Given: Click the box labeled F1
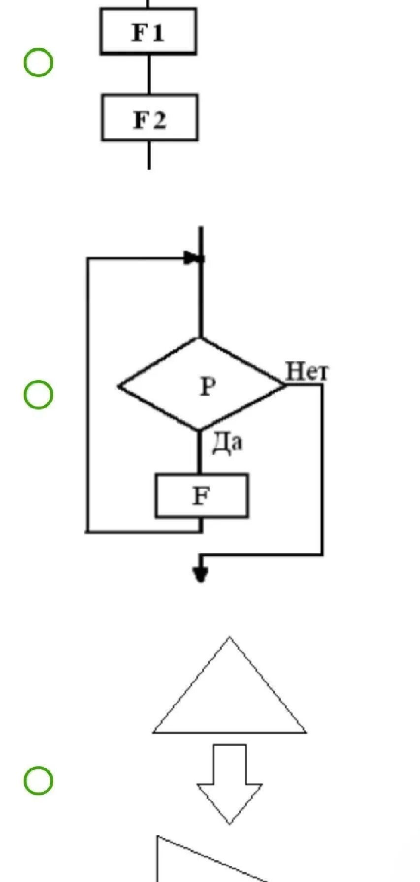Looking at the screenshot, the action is point(148,31).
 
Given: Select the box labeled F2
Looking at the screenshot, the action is point(150,118).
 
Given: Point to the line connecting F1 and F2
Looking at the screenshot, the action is point(149,74).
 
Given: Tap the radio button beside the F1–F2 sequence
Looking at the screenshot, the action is point(38,63).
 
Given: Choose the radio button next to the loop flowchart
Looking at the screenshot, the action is point(38,395).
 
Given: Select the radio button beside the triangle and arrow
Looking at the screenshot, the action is point(38,781).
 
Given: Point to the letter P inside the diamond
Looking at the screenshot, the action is point(207,387).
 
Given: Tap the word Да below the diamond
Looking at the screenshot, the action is point(227,443).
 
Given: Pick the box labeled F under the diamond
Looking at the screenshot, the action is point(201,496).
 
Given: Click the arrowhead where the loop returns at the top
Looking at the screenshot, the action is point(193,258).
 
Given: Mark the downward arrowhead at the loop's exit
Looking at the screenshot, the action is point(200,573).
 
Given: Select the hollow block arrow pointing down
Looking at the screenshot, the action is point(229,783).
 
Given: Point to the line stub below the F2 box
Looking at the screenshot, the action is point(149,155).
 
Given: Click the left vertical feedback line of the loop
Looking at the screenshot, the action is point(88,394).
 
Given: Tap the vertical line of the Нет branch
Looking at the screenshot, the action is point(323,468).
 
